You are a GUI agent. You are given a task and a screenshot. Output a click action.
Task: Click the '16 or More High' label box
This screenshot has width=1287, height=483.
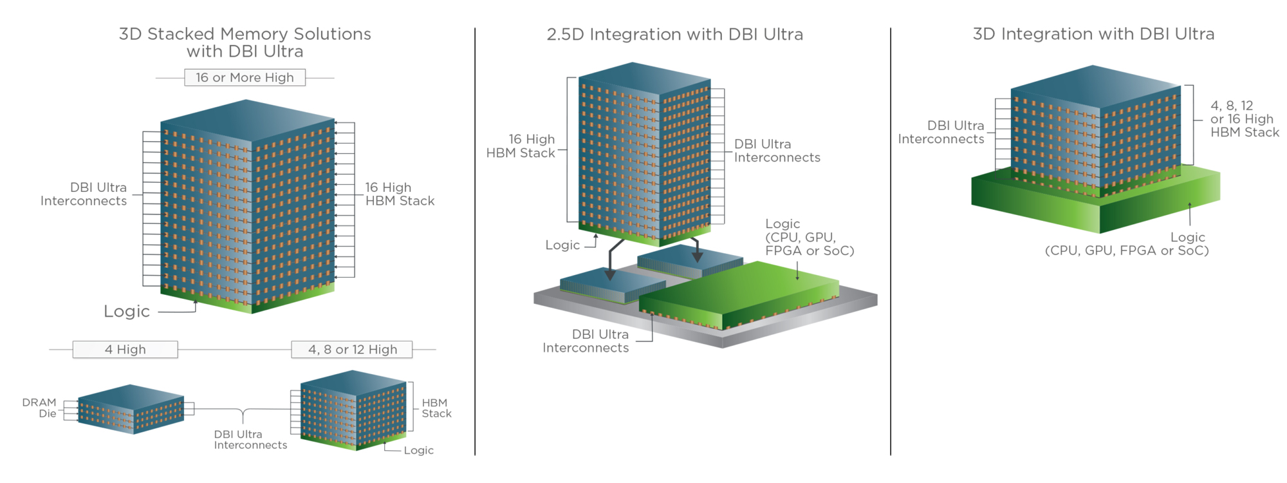point(245,78)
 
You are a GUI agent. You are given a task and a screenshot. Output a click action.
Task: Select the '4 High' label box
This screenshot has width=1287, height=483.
point(125,350)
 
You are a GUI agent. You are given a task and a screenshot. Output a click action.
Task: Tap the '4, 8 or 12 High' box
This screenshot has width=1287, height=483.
point(352,350)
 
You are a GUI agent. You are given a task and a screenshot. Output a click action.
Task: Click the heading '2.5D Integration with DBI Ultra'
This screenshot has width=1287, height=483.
point(674,35)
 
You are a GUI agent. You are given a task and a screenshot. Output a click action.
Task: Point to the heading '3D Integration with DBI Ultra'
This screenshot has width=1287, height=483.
point(1093,34)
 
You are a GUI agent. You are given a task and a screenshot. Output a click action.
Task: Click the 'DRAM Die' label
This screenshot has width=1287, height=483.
point(40,408)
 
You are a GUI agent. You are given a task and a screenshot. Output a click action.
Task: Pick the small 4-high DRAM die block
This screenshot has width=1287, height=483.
point(131,409)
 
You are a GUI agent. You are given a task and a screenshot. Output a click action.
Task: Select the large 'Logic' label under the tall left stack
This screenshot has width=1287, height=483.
point(127,312)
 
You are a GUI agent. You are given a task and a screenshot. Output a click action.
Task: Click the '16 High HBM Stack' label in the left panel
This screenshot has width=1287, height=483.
point(400,194)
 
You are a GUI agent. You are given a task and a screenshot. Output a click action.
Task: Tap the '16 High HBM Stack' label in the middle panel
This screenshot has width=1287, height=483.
point(521,146)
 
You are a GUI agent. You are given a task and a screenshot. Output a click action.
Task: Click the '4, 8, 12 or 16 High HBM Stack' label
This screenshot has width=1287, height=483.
point(1244,119)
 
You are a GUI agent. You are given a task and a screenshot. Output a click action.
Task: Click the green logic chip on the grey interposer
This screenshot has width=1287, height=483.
point(740,293)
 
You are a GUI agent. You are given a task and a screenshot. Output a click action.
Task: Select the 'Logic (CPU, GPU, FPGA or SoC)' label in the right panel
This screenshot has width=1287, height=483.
point(1127,244)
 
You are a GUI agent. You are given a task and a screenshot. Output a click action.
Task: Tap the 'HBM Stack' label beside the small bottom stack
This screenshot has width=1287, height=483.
point(436,408)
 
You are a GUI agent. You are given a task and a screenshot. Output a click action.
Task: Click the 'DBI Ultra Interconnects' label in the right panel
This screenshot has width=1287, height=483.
point(941,132)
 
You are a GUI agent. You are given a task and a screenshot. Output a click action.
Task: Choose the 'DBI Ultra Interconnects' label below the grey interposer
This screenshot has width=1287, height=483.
point(586,341)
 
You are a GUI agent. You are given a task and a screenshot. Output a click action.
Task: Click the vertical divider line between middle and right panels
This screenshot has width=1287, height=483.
point(891,241)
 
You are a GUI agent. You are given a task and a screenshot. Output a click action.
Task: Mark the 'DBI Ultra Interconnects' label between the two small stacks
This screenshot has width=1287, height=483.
point(250,440)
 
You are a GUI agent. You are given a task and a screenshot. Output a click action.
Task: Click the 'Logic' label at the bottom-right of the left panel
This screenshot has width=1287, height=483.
point(418,450)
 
